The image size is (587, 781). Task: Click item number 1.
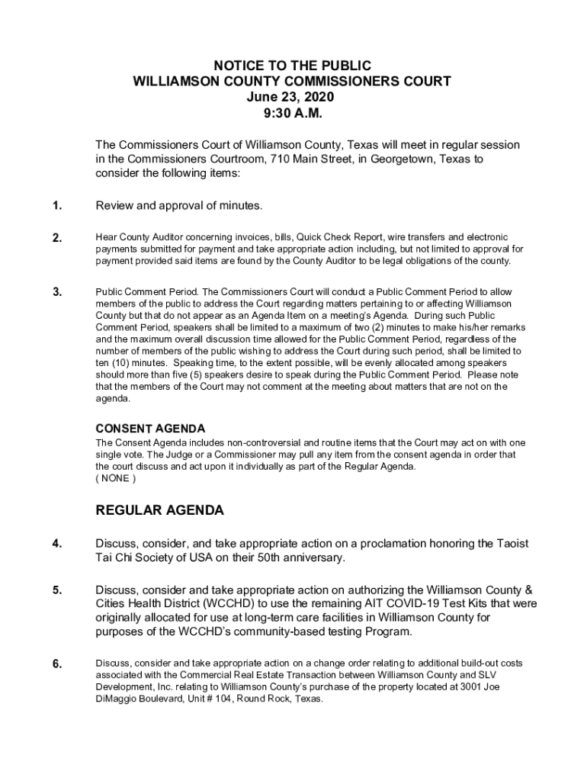tap(57, 206)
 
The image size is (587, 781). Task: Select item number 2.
tap(57, 238)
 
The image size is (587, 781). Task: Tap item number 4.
tap(57, 544)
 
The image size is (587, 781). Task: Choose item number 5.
tap(57, 590)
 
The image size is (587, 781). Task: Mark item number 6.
tap(57, 664)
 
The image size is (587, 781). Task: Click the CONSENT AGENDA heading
tap(150, 429)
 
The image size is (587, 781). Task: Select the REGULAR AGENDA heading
tap(159, 510)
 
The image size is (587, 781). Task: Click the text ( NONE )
tap(116, 478)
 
